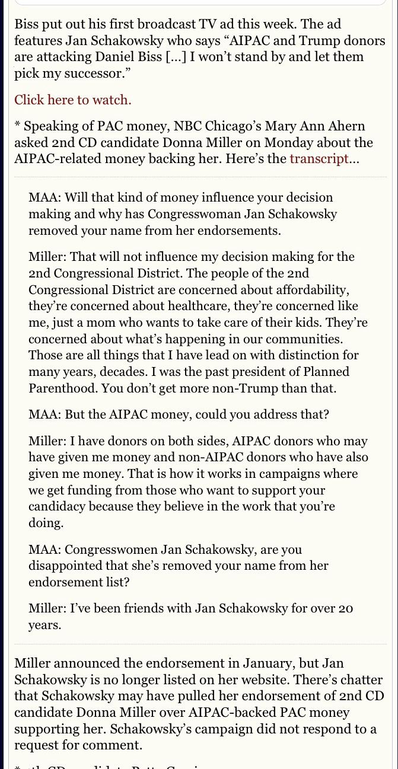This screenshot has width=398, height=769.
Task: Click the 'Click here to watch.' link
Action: [x=73, y=100]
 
